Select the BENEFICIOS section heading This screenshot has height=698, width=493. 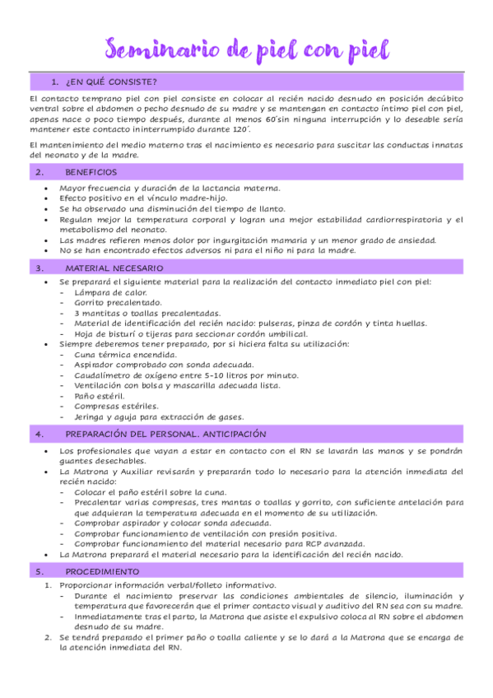coord(91,172)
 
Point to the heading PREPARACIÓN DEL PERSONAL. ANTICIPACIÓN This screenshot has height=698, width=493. coord(165,433)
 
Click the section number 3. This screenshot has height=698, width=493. coord(39,268)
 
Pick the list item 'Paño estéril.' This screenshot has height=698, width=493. coord(97,396)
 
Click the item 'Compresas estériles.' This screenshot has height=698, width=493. coord(116,406)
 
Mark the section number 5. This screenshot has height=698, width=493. coord(39,571)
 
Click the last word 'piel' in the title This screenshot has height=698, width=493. coord(361,51)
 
